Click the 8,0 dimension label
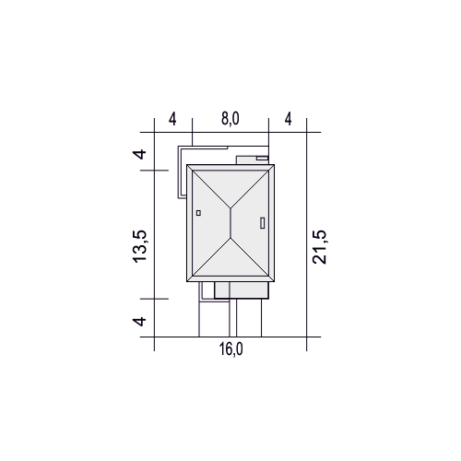pos(230,119)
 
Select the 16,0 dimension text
pos(230,349)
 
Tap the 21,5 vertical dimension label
pos(319,247)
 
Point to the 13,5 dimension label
pos(140,246)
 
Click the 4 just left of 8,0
pos(172,119)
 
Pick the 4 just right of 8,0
pos(288,119)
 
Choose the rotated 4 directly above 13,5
pos(139,154)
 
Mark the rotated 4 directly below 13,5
pos(139,322)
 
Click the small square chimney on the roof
pos(198,213)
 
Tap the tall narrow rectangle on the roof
pos(263,223)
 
